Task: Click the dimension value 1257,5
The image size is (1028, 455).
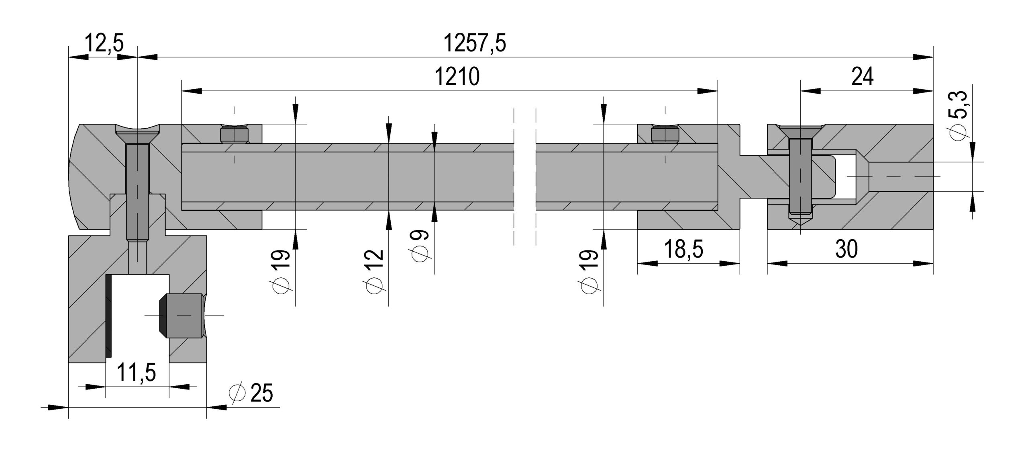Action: tap(475, 44)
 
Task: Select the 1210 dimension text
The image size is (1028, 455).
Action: tap(457, 78)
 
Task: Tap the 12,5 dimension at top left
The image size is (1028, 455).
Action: tap(104, 44)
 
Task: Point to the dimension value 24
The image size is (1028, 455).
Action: tap(862, 77)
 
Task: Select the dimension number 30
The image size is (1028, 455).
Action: tap(846, 250)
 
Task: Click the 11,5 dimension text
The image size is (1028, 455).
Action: tap(136, 373)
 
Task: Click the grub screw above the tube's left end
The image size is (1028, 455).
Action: tap(235, 135)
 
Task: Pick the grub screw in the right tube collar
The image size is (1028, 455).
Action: tap(665, 135)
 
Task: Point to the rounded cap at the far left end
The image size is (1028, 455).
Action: tap(86, 177)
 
